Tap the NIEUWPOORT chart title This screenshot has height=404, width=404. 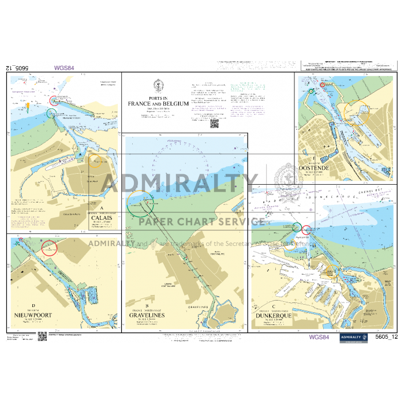[34, 316]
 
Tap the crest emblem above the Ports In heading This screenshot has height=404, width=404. [158, 84]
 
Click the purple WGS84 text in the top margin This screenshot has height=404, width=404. [64, 68]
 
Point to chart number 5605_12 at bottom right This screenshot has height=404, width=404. [386, 338]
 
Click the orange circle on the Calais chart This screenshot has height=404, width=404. [96, 162]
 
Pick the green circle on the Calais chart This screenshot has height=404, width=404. [53, 113]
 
